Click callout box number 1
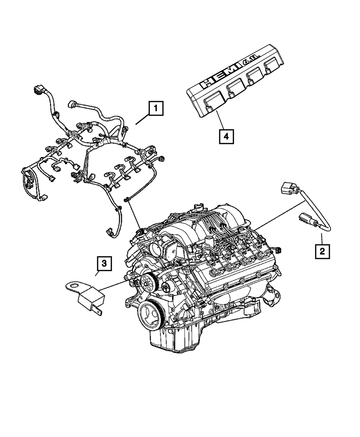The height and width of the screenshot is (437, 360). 156,108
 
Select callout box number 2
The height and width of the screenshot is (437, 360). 322,251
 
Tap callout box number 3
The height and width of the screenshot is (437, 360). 104,264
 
